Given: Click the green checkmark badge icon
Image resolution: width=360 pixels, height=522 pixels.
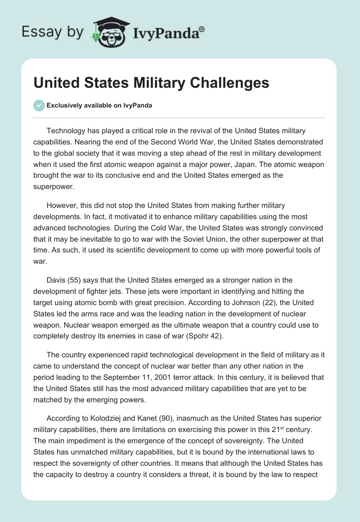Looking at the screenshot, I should pyautogui.click(x=39, y=105).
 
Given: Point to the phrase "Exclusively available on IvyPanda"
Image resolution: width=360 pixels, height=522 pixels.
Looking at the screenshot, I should pyautogui.click(x=99, y=106).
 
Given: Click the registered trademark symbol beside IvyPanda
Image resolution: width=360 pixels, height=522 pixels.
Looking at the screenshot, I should pyautogui.click(x=202, y=28).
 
